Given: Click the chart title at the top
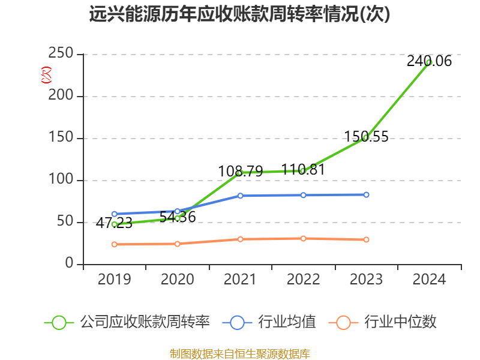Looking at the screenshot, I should (239, 14).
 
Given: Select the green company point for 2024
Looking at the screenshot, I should (429, 62).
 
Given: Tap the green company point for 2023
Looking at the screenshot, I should (365, 137).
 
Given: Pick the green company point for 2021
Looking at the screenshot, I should (239, 173).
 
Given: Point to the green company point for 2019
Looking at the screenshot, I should (114, 224).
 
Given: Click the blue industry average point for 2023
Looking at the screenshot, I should (366, 194).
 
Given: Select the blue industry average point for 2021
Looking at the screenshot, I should (240, 196).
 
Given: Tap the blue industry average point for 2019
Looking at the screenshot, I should (114, 214).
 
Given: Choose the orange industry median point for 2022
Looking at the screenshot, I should (303, 238).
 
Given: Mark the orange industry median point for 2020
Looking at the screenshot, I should (177, 244).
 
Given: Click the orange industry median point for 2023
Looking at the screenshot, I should (366, 239).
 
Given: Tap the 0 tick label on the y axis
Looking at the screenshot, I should (70, 264).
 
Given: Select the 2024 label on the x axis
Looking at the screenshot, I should (429, 280).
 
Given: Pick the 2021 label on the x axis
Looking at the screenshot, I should (240, 280).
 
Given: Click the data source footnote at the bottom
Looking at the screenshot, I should (239, 353).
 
